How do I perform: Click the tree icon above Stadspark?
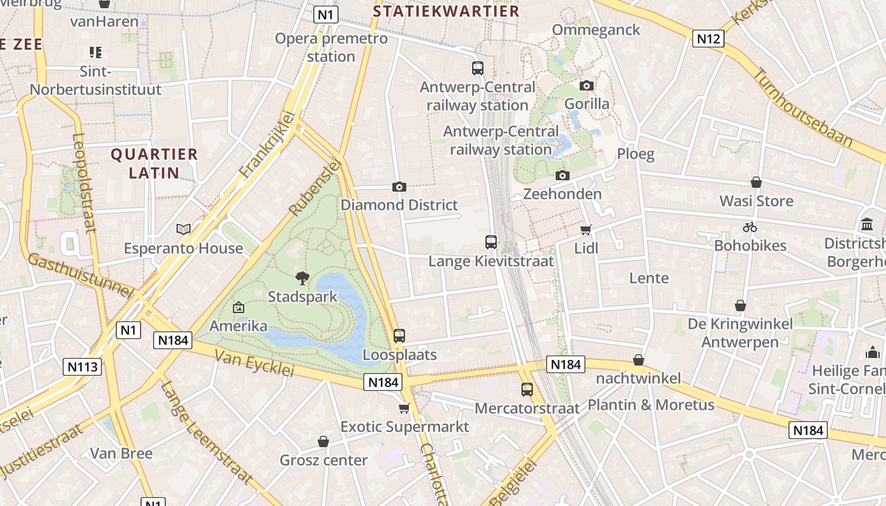[303, 278]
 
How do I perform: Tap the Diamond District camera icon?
[399, 187]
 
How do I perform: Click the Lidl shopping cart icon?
[586, 230]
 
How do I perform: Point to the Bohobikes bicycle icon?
[750, 227]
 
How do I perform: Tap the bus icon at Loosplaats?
[399, 336]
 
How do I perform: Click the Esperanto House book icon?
[184, 230]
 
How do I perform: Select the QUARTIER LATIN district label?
[154, 163]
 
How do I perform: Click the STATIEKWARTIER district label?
[446, 11]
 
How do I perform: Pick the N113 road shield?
[82, 366]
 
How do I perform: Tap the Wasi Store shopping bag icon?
[756, 183]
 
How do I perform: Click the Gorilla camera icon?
[587, 85]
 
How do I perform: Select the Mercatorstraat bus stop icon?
[527, 390]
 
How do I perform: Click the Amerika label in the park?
[239, 326]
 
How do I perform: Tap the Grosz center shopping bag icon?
[323, 441]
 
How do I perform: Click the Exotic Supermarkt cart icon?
[404, 409]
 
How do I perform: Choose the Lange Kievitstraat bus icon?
[490, 242]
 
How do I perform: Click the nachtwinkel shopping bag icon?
[639, 360]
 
